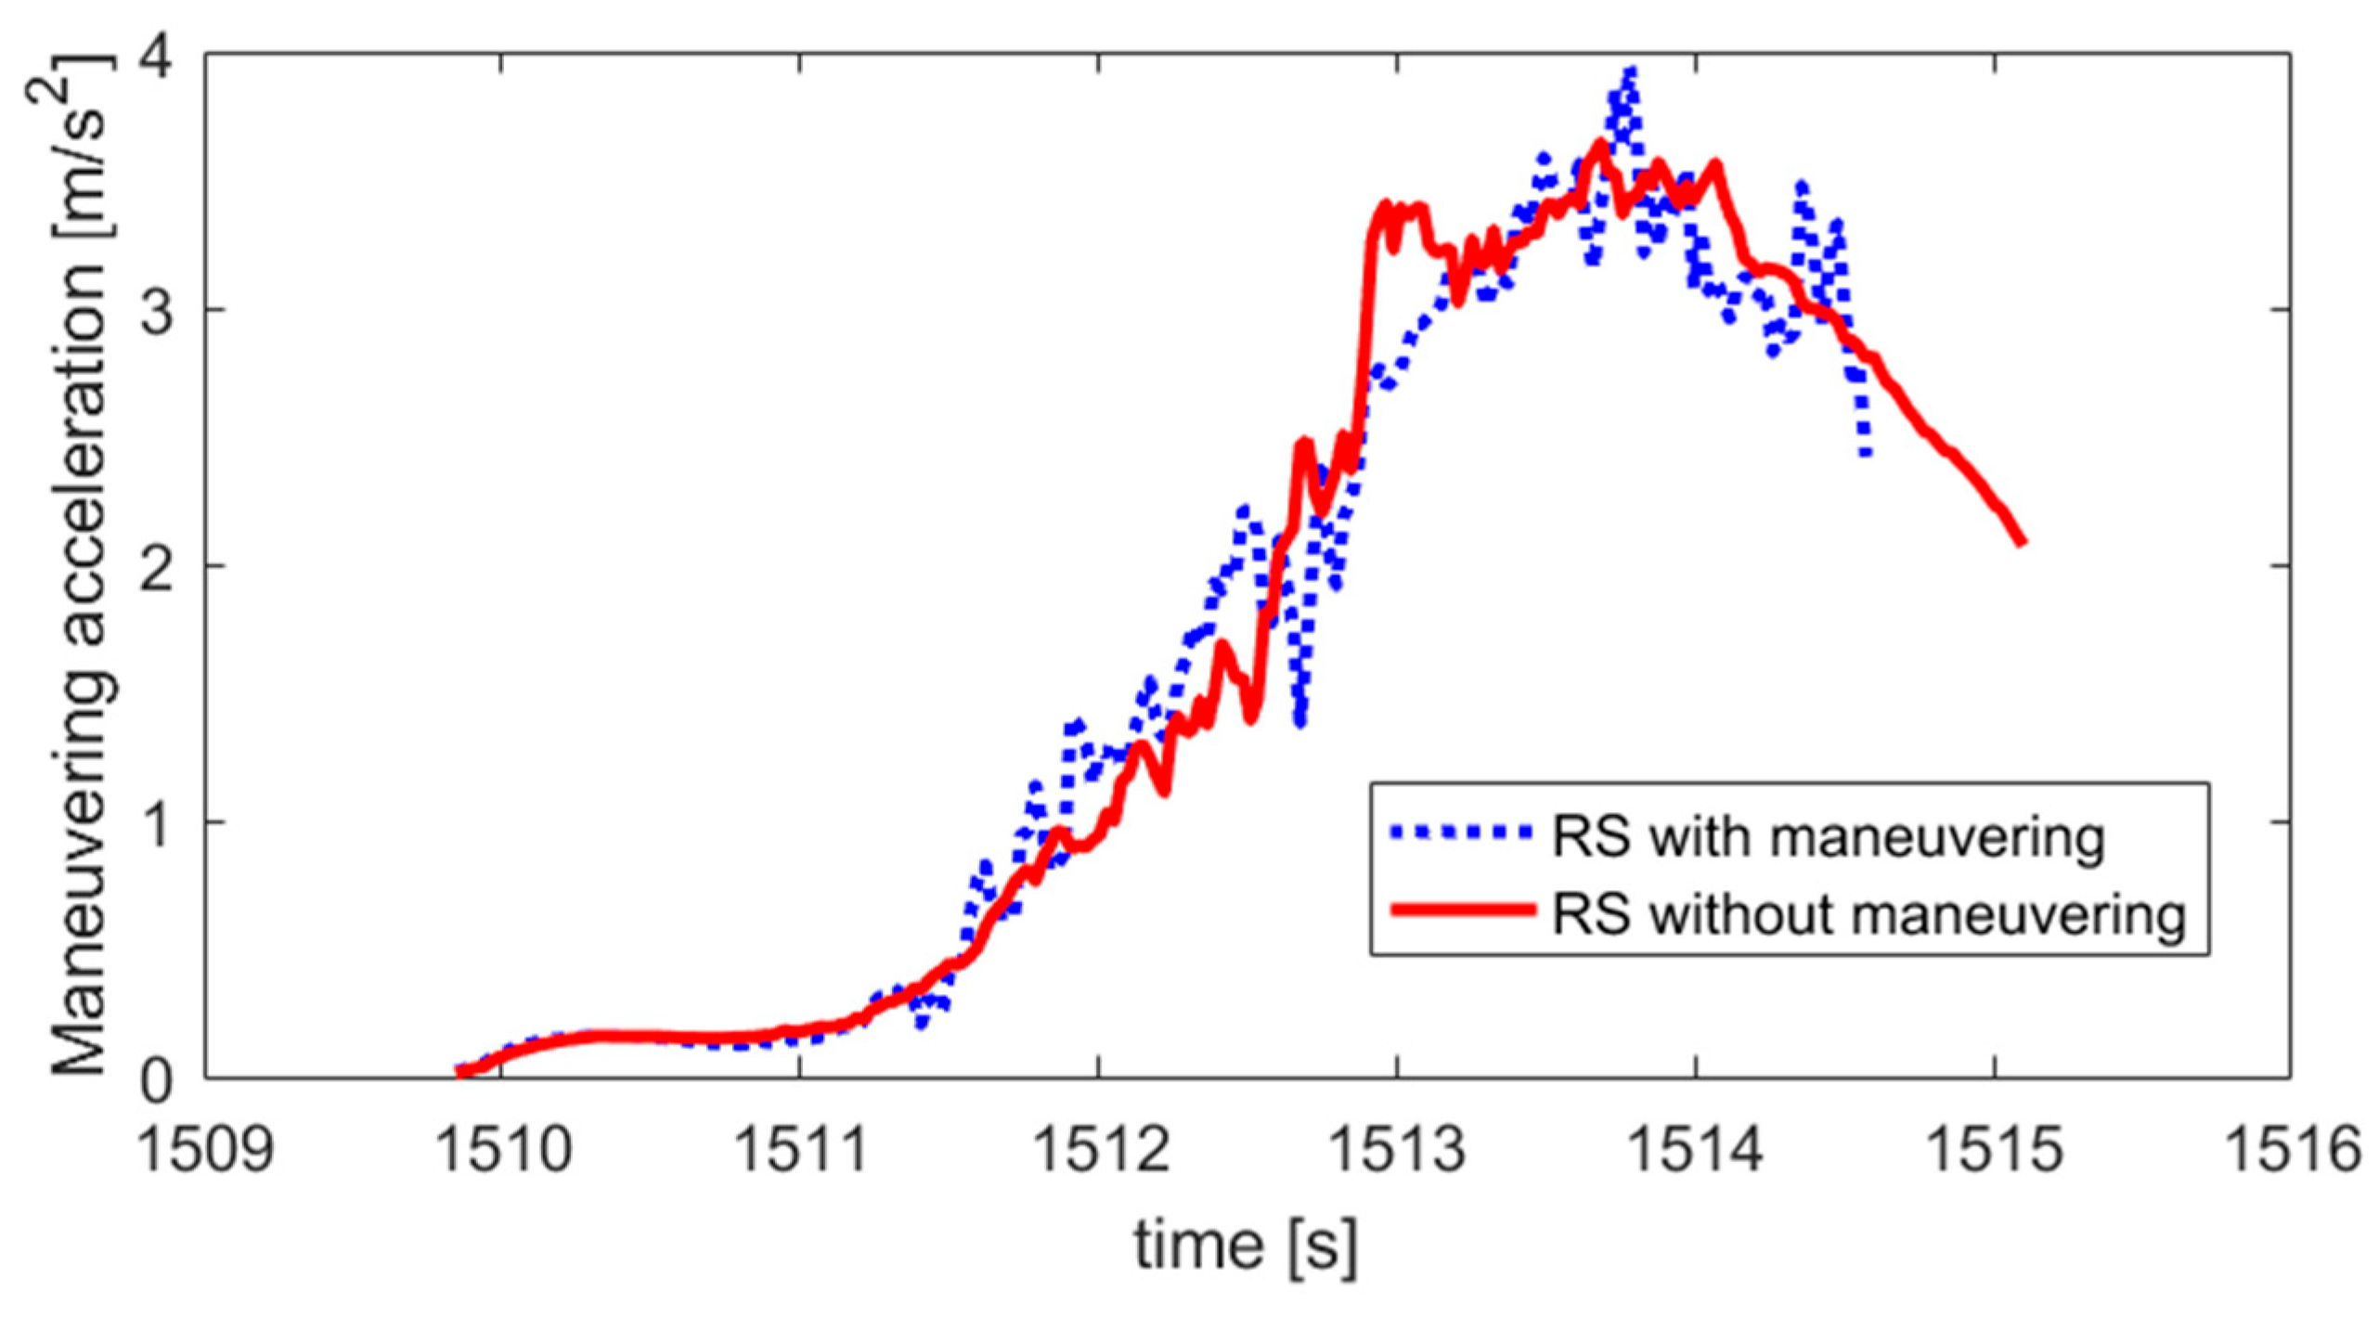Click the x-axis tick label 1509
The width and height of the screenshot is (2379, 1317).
(x=205, y=1150)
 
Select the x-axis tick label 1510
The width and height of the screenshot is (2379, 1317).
(x=502, y=1150)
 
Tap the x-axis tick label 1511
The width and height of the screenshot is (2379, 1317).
(x=800, y=1150)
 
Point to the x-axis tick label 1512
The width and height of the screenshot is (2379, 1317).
(x=1099, y=1150)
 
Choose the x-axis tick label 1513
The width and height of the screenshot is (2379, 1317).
(x=1397, y=1150)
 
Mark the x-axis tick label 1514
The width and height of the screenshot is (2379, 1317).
(x=1696, y=1150)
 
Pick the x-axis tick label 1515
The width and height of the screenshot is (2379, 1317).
(x=1994, y=1150)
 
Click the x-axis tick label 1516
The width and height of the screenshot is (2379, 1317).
(x=2292, y=1150)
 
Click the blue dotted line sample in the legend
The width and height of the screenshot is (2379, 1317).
(x=1461, y=833)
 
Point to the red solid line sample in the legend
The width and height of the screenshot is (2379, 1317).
(x=1461, y=910)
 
